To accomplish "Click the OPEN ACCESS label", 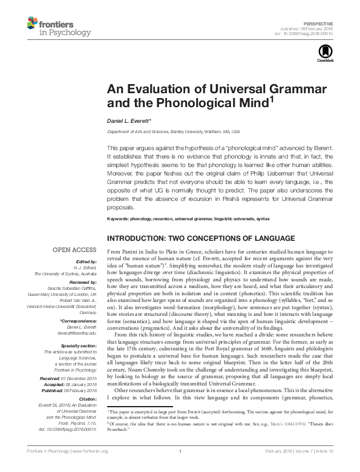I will tap(74, 249).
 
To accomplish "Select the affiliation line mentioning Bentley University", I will tap(174, 131).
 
